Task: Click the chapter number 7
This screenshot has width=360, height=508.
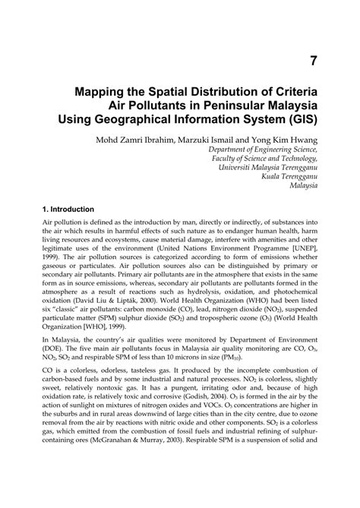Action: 313,59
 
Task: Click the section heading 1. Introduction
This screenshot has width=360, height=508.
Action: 68,209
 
